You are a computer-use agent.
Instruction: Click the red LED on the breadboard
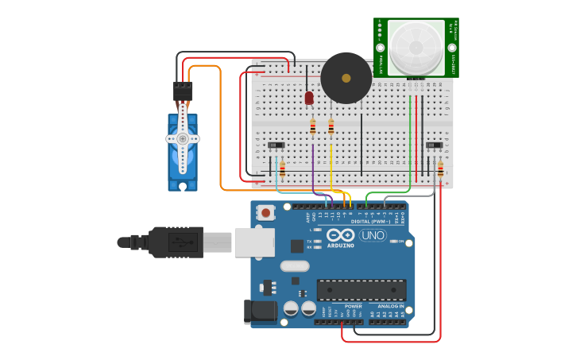click(x=309, y=98)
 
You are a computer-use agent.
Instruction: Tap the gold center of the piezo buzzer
click(x=346, y=78)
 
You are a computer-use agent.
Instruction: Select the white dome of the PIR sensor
click(x=416, y=47)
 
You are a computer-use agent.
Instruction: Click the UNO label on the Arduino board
click(x=373, y=235)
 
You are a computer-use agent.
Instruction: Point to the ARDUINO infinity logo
click(x=341, y=235)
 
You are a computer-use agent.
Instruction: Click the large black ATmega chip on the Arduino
click(x=361, y=289)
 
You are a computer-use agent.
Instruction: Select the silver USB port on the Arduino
click(x=254, y=242)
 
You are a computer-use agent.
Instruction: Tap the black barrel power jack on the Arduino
click(x=261, y=311)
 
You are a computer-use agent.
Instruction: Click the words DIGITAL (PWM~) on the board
click(x=370, y=222)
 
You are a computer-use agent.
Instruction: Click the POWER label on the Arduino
click(x=353, y=306)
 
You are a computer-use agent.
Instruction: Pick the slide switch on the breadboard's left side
click(x=276, y=145)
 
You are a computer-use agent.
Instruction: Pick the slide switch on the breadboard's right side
click(x=434, y=145)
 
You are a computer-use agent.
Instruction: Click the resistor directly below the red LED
click(x=312, y=126)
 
